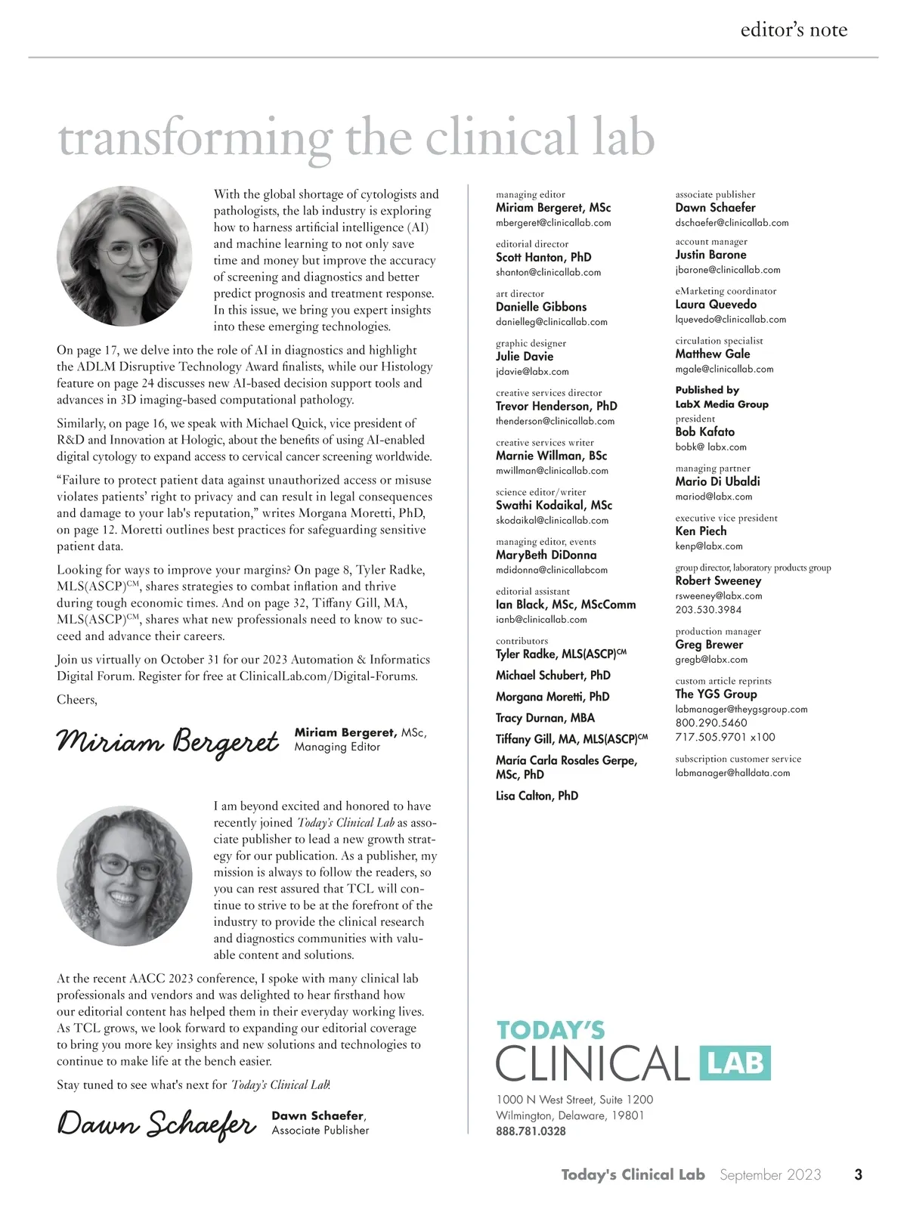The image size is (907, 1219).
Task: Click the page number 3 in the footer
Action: pos(858,1174)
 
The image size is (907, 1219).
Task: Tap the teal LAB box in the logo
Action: pos(735,1063)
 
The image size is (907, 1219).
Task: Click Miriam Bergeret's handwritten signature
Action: pos(168,741)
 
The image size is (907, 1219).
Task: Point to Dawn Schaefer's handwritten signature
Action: pos(157,1124)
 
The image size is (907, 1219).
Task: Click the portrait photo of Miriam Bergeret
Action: pos(125,256)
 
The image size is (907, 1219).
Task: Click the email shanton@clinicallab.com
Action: pos(548,272)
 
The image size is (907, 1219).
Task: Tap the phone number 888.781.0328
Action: pos(531,1131)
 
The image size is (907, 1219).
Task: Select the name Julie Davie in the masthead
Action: pos(525,357)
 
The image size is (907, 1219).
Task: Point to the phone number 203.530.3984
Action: pos(708,610)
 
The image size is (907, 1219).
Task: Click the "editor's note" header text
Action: pos(794,30)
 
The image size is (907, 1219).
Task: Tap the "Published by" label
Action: pos(707,390)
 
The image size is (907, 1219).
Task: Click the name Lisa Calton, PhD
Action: pos(537,796)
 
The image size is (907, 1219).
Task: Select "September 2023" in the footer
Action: pos(770,1174)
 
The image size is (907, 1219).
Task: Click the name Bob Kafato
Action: pos(704,432)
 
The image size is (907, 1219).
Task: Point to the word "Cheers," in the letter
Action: pos(77,700)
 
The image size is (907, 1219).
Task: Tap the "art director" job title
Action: pos(520,293)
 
